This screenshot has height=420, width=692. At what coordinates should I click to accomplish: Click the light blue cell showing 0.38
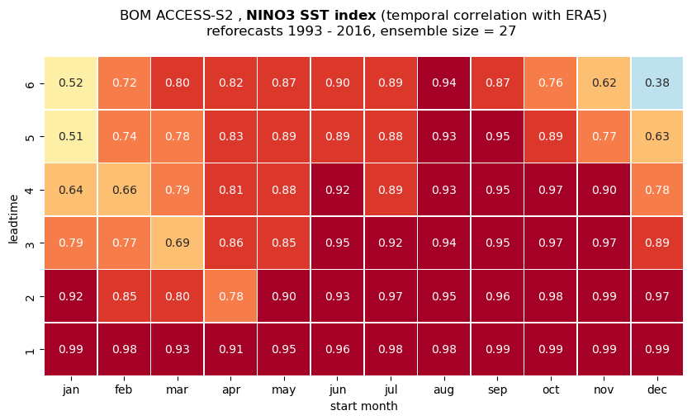pyautogui.click(x=657, y=83)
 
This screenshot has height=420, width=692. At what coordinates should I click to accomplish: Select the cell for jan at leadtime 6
pyautogui.click(x=71, y=83)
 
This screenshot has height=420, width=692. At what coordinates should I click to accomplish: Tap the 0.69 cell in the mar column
pyautogui.click(x=178, y=243)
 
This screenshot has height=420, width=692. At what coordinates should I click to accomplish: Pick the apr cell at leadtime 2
pyautogui.click(x=231, y=296)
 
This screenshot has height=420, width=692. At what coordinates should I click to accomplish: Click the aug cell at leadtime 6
pyautogui.click(x=444, y=83)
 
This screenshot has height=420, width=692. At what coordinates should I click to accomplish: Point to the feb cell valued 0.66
pyautogui.click(x=124, y=190)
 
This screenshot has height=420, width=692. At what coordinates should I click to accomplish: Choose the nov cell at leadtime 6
pyautogui.click(x=604, y=83)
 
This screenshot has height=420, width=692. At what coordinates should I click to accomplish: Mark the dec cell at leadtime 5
pyautogui.click(x=657, y=136)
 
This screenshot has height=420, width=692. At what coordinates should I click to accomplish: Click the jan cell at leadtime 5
pyautogui.click(x=71, y=136)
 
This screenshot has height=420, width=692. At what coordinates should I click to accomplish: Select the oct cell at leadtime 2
pyautogui.click(x=550, y=296)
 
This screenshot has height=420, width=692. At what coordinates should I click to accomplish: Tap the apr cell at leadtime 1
pyautogui.click(x=231, y=349)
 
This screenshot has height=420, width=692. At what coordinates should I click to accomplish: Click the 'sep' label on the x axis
pyautogui.click(x=497, y=390)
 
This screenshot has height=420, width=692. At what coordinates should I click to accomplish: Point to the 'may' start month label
pyautogui.click(x=284, y=390)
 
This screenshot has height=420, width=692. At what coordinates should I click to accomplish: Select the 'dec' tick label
pyautogui.click(x=657, y=390)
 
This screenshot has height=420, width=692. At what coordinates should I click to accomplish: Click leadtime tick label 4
pyautogui.click(x=30, y=190)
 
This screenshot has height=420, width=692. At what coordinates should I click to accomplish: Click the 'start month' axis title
pyautogui.click(x=363, y=406)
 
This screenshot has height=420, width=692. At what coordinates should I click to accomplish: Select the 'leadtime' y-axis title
pyautogui.click(x=14, y=219)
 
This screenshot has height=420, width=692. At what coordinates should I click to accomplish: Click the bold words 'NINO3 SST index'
pyautogui.click(x=311, y=16)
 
